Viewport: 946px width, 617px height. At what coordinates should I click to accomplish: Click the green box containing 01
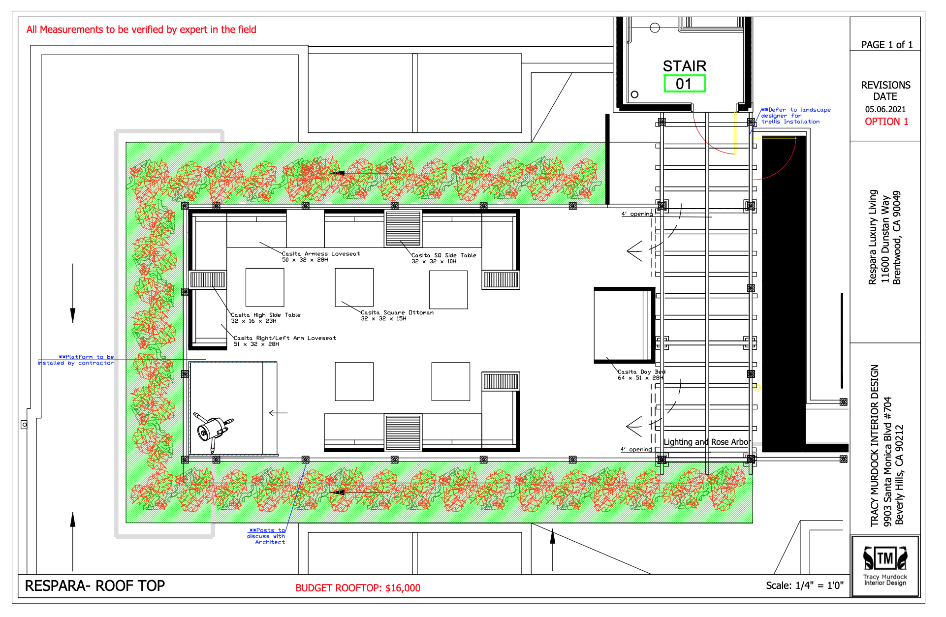click(684, 84)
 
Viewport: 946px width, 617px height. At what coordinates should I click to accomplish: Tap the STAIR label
click(684, 66)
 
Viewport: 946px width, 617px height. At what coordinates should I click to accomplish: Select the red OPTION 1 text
click(886, 122)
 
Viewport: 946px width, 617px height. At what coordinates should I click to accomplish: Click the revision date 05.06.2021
click(885, 109)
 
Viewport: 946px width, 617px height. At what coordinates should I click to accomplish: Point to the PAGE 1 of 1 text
click(887, 45)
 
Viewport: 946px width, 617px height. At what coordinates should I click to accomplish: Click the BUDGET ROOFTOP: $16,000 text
click(358, 588)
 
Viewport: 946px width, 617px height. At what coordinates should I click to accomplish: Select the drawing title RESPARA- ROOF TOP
click(95, 586)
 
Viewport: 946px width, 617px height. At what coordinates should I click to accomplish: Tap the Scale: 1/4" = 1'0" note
click(805, 586)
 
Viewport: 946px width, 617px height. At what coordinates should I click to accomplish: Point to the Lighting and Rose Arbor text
click(707, 442)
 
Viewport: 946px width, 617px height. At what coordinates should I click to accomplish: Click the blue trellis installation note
click(795, 116)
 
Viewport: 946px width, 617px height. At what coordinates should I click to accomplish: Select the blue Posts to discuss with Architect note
click(266, 536)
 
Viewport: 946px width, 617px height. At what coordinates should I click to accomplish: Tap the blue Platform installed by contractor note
click(76, 360)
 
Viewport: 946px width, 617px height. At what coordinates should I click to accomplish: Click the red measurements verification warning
click(141, 30)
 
